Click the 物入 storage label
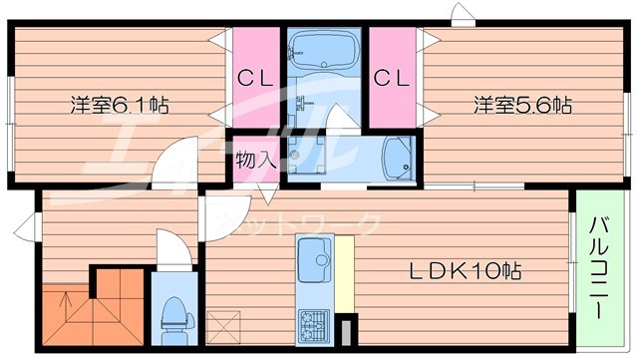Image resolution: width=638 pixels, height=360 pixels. (255, 160)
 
